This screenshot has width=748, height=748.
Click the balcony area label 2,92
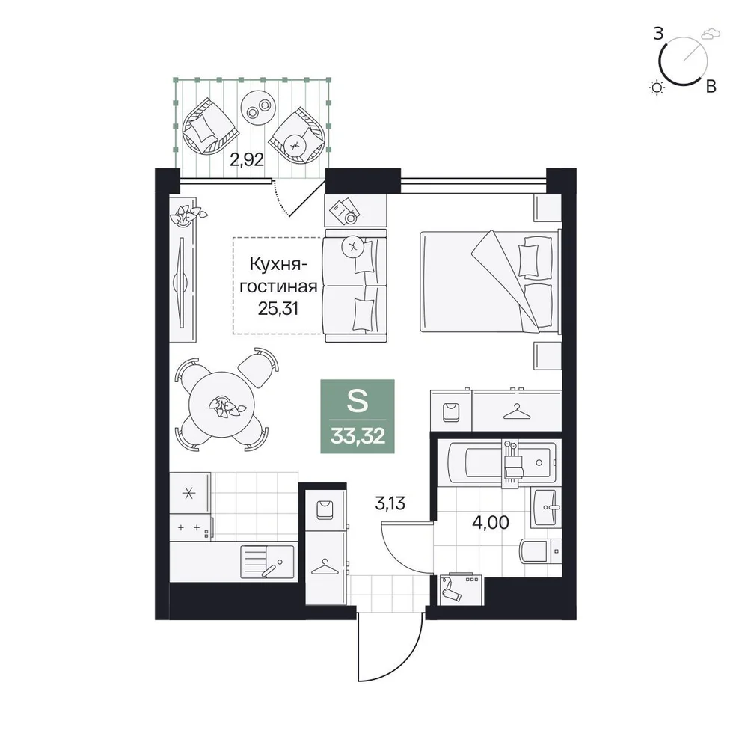click(247, 159)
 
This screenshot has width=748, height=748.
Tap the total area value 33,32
click(358, 435)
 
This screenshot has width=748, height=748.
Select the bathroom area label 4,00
click(491, 523)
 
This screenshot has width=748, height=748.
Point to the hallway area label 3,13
click(390, 503)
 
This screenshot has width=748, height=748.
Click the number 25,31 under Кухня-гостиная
click(278, 309)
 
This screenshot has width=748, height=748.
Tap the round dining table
click(222, 405)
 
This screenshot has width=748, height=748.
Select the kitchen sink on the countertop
click(267, 562)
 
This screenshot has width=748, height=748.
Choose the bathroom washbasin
click(547, 508)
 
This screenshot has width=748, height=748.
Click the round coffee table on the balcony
click(257, 107)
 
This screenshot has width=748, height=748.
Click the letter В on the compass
click(711, 87)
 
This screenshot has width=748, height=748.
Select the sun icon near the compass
click(657, 88)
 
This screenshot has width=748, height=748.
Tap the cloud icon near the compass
click(711, 34)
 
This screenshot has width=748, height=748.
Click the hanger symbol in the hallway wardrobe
click(325, 568)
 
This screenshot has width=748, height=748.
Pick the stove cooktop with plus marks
click(191, 528)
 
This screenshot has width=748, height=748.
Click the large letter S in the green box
click(358, 401)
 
